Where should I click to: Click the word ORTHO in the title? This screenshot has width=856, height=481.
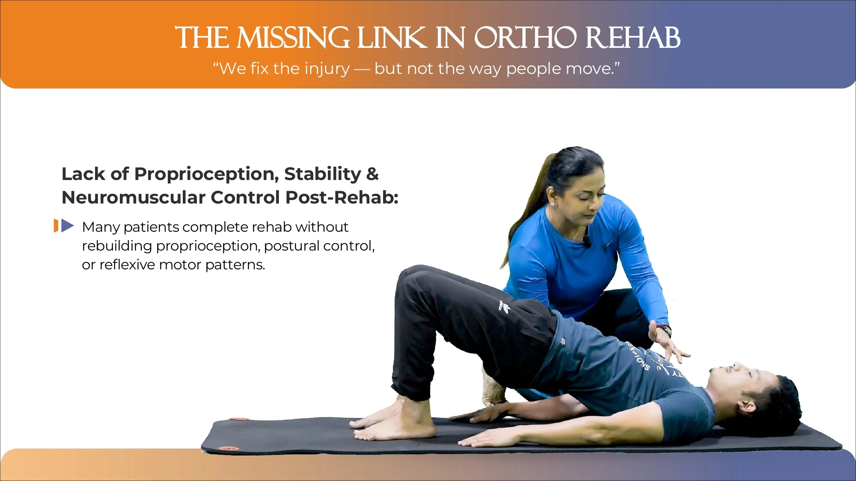tap(525, 38)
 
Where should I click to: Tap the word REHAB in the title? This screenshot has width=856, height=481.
tap(633, 38)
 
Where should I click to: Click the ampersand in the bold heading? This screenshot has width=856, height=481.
tap(372, 174)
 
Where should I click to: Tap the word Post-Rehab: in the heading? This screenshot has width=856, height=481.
tap(342, 198)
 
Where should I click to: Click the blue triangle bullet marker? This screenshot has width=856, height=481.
tap(68, 225)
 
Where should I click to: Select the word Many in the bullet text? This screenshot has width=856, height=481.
tap(101, 227)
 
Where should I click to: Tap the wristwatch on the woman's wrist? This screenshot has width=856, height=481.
tap(664, 330)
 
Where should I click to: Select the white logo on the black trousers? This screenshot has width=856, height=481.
tap(504, 305)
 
